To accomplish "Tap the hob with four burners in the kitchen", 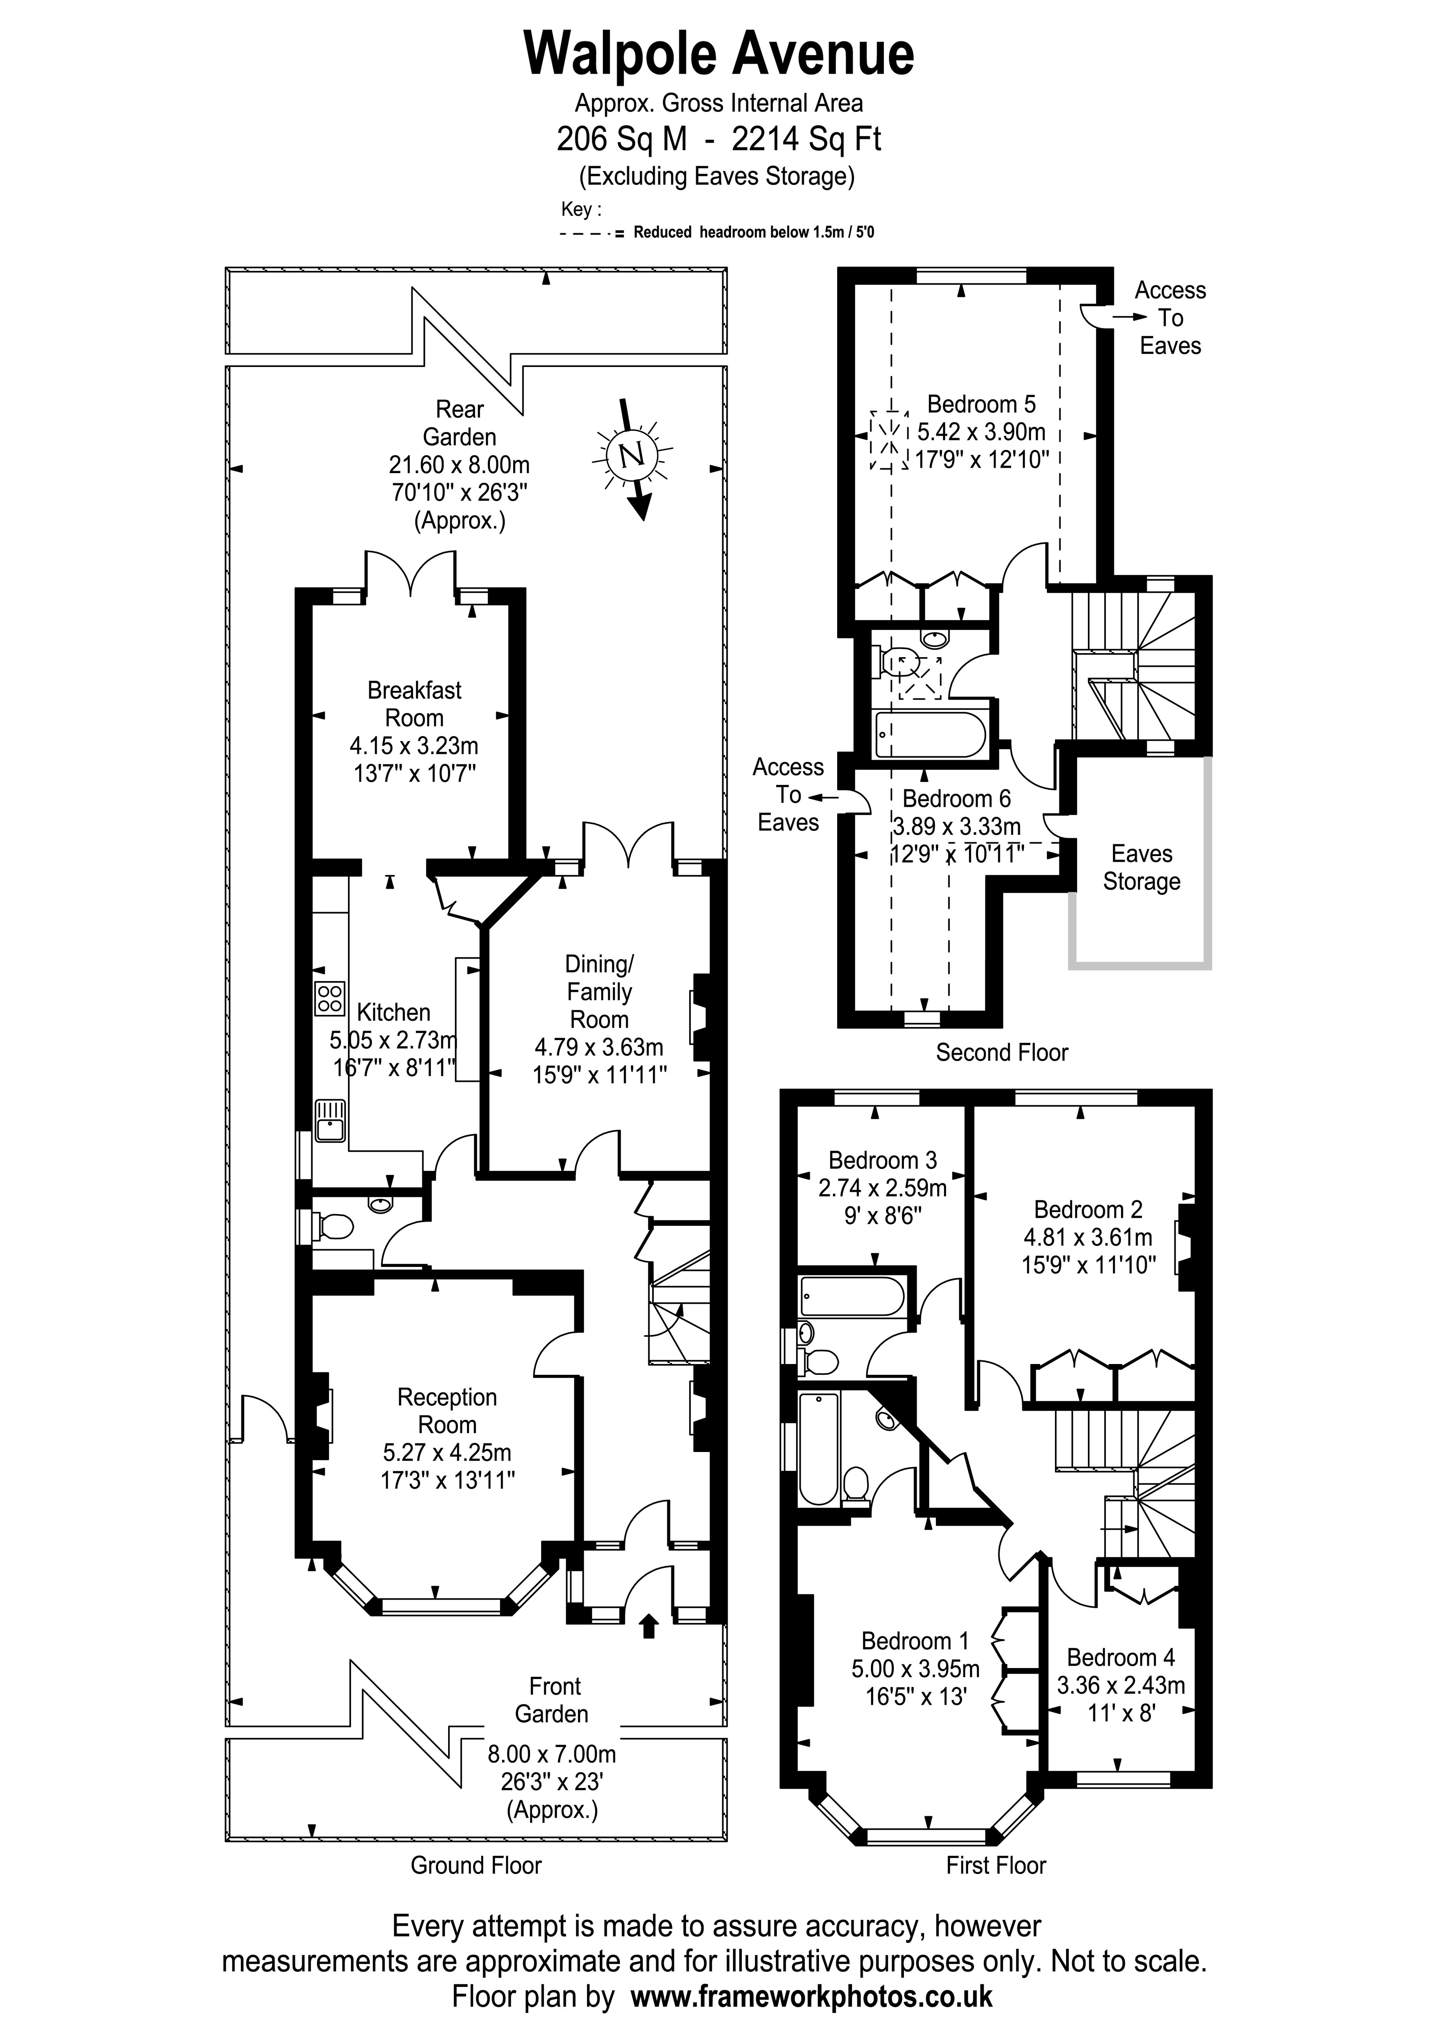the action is coord(329,999).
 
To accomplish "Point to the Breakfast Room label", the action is coord(415,704).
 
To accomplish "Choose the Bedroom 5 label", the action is coord(981,405).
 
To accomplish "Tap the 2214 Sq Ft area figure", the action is coord(806,139).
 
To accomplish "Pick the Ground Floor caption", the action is coord(476,1866).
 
